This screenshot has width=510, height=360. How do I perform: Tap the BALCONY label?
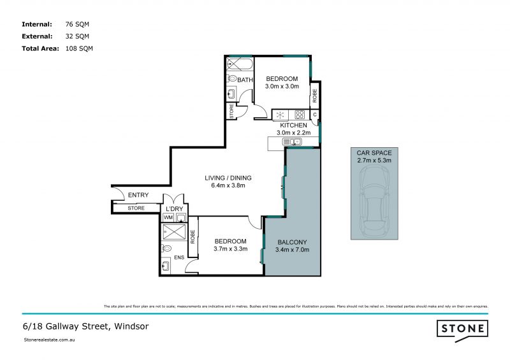click(x=293, y=241)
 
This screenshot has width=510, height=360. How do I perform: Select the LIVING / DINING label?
click(x=228, y=177)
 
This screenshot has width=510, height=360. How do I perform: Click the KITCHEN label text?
click(x=293, y=126)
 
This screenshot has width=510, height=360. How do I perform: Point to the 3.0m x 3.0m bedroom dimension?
click(x=282, y=87)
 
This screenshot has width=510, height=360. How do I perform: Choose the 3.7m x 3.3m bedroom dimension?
click(x=230, y=249)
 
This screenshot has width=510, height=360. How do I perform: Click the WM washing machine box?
click(x=168, y=217)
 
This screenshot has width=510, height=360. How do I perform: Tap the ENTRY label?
click(x=138, y=195)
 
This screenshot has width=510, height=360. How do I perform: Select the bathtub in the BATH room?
click(x=239, y=64)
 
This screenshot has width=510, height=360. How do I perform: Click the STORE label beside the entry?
click(x=136, y=208)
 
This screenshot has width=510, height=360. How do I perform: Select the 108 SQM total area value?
click(x=79, y=48)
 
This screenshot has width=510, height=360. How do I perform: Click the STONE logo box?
click(x=462, y=329)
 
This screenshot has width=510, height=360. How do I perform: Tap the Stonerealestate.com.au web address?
click(x=50, y=341)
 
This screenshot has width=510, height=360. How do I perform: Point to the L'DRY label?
click(x=175, y=208)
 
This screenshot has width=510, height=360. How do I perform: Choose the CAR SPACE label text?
click(x=374, y=153)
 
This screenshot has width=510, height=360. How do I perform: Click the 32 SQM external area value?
click(x=77, y=36)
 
